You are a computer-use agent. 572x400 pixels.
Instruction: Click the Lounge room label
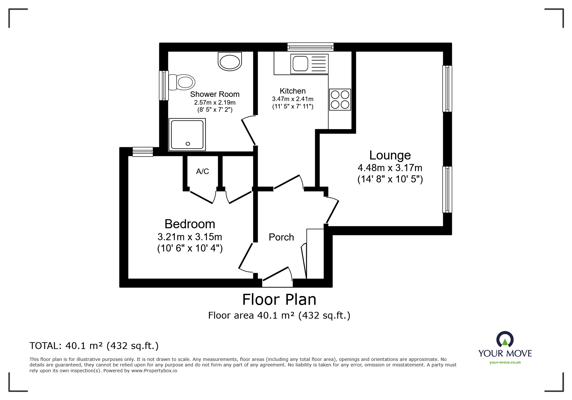tap(390, 155)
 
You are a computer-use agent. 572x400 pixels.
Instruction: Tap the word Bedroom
tap(190, 224)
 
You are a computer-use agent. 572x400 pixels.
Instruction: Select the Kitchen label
tap(293, 91)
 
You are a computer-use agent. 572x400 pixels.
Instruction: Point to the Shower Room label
tap(215, 94)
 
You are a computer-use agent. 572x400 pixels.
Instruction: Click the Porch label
tap(281, 237)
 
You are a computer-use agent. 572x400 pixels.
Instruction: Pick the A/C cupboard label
tap(203, 171)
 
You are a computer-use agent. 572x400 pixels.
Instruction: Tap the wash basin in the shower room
tap(230, 61)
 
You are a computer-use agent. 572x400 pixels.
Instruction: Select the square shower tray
tap(187, 134)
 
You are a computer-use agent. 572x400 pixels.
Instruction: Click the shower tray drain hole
tap(188, 144)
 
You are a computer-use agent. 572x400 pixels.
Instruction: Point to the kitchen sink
tap(309, 63)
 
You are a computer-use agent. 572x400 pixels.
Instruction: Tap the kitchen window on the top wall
tap(310, 47)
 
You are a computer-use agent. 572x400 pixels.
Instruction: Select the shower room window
tap(164, 85)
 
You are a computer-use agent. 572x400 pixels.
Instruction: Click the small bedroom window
tap(143, 152)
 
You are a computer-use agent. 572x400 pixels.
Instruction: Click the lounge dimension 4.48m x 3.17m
tap(390, 168)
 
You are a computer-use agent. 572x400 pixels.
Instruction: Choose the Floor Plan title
tap(279, 299)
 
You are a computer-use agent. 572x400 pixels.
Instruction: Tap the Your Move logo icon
tap(505, 339)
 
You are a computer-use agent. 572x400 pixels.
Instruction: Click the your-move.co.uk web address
tap(505, 362)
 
